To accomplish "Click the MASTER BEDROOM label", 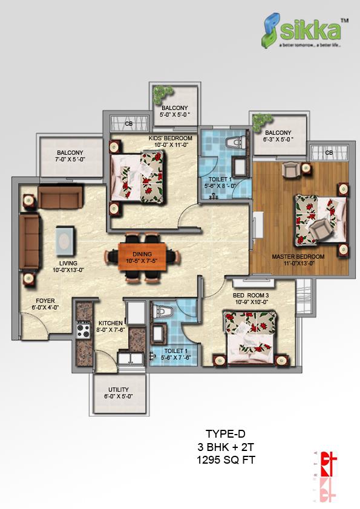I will pyautogui.click(x=298, y=257).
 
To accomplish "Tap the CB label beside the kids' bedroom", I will pyautogui.click(x=129, y=124).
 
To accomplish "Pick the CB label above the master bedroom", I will pyautogui.click(x=329, y=153).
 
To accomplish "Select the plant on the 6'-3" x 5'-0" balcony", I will pyautogui.click(x=260, y=120).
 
